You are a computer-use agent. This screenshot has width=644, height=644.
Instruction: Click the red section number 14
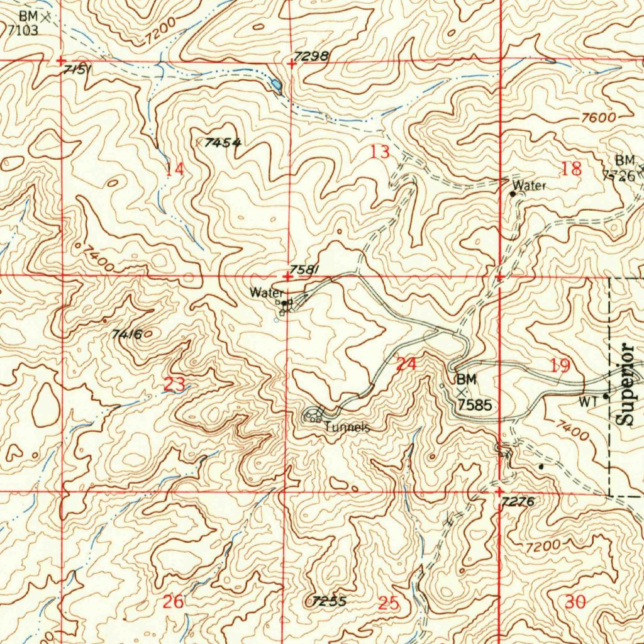coord(175,169)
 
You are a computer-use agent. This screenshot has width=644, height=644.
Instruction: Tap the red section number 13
coord(380,152)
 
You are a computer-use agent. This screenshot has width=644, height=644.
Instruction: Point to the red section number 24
coord(406,364)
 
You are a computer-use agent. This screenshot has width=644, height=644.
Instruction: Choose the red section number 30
coord(575,602)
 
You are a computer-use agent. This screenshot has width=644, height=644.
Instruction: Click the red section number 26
coord(174,602)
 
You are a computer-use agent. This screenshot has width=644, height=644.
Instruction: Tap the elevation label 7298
coord(312,56)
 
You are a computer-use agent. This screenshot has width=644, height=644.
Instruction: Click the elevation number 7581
coord(306,269)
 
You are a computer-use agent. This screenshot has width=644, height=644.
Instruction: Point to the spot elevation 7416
coord(127,334)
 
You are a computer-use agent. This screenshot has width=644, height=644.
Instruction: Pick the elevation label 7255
coord(329,601)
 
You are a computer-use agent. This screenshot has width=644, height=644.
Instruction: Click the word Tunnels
coord(346,427)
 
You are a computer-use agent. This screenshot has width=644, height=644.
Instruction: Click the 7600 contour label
coord(597,118)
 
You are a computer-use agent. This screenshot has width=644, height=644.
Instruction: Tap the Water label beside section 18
coord(529,186)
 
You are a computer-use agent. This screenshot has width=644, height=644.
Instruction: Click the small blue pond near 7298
coord(275,84)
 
